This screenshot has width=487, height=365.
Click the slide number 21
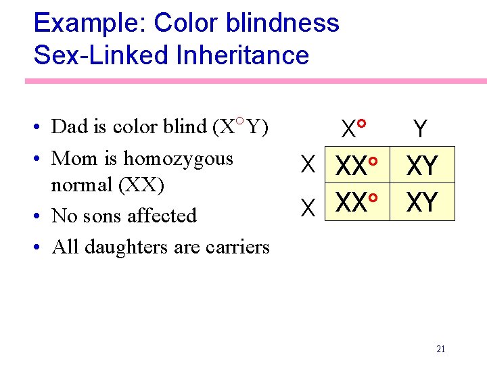(x=441, y=349)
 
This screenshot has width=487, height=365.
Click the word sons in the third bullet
(x=99, y=216)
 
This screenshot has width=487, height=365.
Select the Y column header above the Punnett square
(x=421, y=128)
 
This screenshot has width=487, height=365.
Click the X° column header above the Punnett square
(x=354, y=127)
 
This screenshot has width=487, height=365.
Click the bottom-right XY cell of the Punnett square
(x=423, y=202)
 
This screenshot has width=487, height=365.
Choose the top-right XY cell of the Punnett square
(x=423, y=166)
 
